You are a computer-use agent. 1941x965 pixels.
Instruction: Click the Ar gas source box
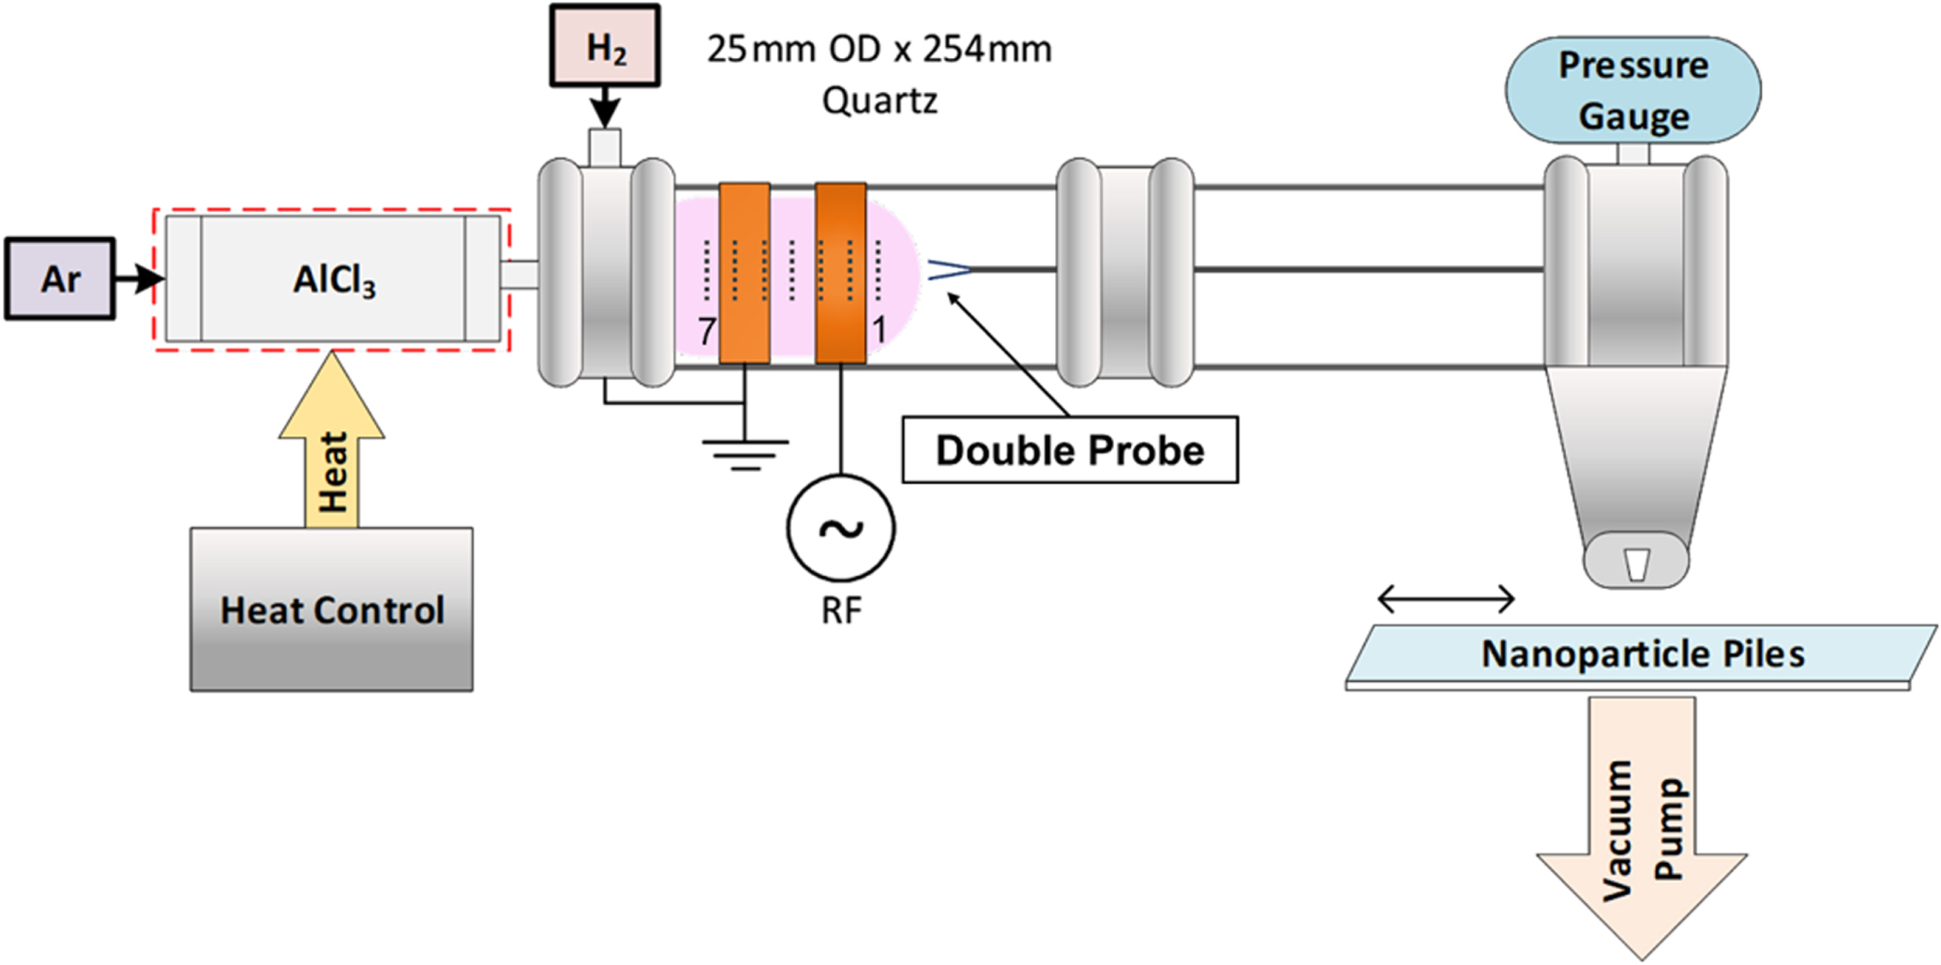click(60, 279)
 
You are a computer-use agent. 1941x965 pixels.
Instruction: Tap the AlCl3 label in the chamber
click(334, 279)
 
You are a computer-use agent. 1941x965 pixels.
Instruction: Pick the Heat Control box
click(331, 610)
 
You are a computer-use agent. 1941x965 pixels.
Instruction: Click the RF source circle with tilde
click(840, 529)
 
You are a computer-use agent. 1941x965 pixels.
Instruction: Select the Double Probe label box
click(1069, 450)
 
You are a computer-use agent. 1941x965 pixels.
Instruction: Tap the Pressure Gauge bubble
click(1633, 91)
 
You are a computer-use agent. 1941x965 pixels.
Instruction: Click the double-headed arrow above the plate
click(1446, 597)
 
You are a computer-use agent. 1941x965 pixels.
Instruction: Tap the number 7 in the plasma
click(706, 331)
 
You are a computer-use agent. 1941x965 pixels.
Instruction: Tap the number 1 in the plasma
click(879, 330)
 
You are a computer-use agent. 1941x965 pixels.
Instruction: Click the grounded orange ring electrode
click(745, 273)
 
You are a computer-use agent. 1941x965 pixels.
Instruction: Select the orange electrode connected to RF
click(840, 273)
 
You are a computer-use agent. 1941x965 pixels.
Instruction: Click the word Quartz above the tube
click(879, 100)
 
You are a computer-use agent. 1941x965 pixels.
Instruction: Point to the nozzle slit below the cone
click(1636, 564)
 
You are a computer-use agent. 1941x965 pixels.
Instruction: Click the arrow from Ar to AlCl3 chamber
click(139, 279)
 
